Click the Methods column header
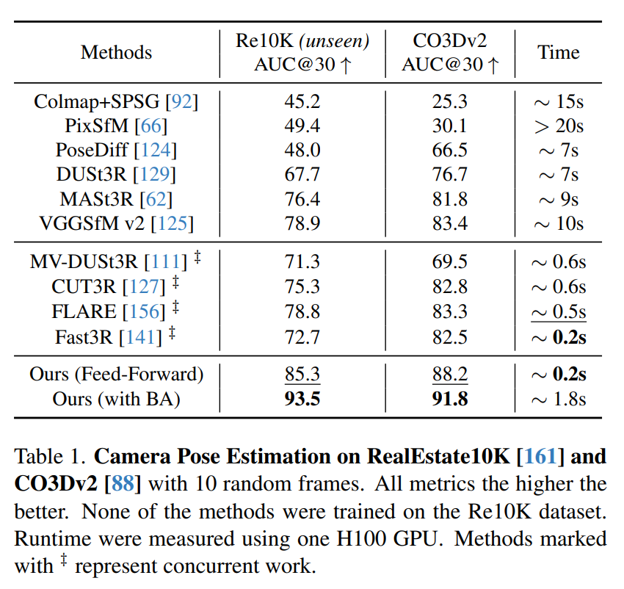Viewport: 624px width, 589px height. click(x=116, y=53)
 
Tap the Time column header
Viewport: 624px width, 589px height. click(x=558, y=53)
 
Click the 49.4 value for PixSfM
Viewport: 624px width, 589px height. click(x=302, y=126)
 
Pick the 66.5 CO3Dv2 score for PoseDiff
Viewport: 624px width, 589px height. click(x=450, y=151)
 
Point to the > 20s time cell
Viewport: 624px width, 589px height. click(x=559, y=126)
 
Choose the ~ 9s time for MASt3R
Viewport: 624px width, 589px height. click(x=559, y=199)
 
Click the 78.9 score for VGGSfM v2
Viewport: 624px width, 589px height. click(x=302, y=223)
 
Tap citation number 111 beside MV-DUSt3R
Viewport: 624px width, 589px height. click(x=165, y=261)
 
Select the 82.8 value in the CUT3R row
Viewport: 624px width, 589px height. click(x=450, y=286)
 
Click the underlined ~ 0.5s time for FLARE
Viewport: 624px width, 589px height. click(x=559, y=311)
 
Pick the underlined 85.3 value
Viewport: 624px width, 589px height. click(x=302, y=374)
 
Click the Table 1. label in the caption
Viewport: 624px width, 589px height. click(x=50, y=457)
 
